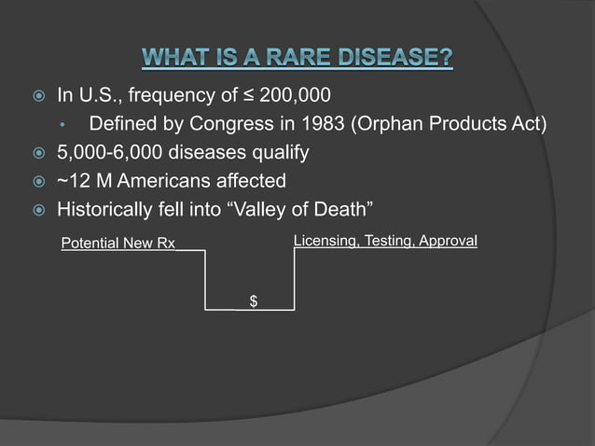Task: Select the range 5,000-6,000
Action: click(109, 152)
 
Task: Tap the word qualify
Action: click(278, 152)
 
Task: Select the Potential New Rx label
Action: click(118, 244)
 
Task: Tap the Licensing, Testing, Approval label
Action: click(385, 242)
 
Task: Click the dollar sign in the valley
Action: click(253, 300)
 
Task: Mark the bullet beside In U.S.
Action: click(32, 96)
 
